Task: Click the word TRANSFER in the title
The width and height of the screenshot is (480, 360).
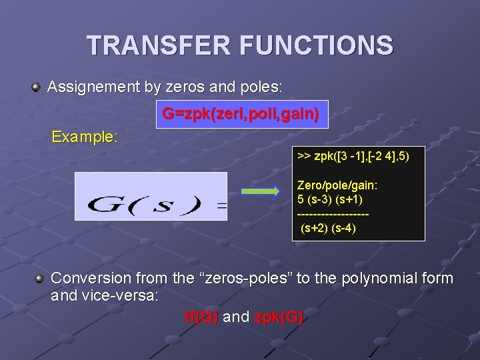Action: click(x=157, y=46)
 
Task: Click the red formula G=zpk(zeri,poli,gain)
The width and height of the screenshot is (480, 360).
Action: click(x=241, y=115)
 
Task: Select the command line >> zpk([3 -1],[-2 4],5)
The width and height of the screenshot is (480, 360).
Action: click(x=353, y=156)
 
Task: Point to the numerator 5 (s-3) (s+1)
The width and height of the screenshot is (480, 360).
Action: click(x=330, y=199)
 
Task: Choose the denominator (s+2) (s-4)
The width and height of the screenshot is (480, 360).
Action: click(x=328, y=228)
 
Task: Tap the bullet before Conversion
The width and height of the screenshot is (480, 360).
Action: click(x=40, y=278)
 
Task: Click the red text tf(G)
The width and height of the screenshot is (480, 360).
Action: click(x=201, y=317)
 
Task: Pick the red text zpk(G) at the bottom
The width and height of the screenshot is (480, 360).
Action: click(x=279, y=317)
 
